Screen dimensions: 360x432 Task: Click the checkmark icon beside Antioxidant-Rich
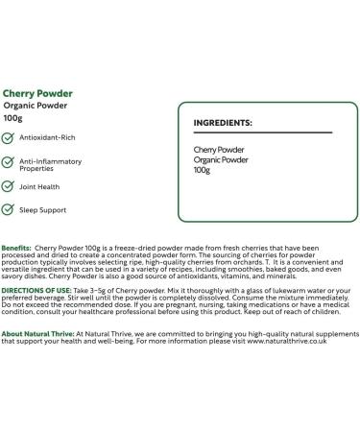click(9, 138)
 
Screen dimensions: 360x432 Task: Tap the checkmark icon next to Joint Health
click(9, 188)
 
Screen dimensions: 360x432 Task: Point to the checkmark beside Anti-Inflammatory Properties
click(9, 163)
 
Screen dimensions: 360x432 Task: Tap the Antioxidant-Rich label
click(46, 138)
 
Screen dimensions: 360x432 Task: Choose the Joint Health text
click(40, 188)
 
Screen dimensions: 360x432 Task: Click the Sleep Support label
click(43, 208)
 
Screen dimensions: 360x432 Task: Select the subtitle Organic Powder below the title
click(32, 107)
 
